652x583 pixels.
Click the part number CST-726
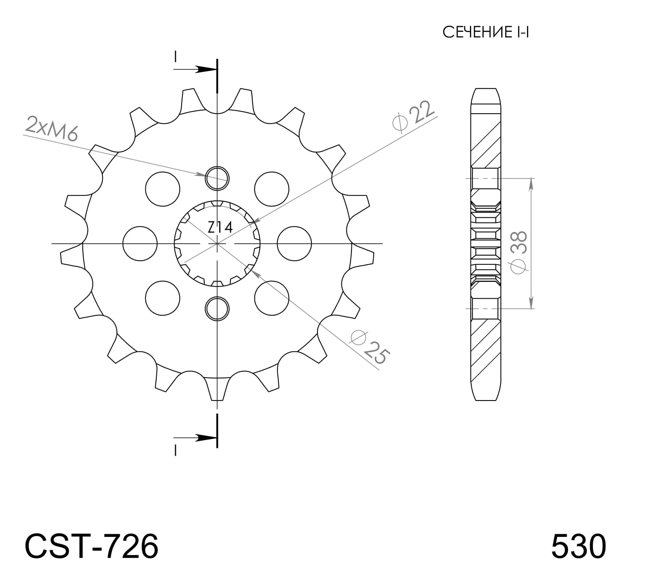(x=91, y=546)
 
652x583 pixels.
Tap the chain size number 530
(x=578, y=546)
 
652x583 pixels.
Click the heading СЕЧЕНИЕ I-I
(x=485, y=32)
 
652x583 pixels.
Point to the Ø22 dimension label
(x=414, y=115)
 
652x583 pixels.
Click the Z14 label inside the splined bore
(x=220, y=227)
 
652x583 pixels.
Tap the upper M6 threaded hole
(x=217, y=178)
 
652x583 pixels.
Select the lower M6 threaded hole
(x=217, y=308)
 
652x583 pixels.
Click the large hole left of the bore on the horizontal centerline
(x=140, y=243)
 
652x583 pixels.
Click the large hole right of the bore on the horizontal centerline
(x=294, y=243)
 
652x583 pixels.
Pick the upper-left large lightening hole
(x=162, y=189)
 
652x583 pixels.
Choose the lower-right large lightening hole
(x=272, y=298)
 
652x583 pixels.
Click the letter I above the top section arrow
(x=176, y=57)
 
